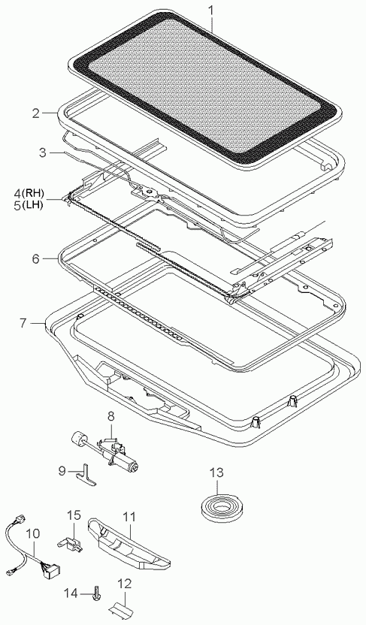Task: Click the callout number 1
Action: [x=211, y=9]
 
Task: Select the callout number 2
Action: [x=36, y=113]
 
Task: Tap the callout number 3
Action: [x=43, y=152]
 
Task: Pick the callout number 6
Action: [x=36, y=259]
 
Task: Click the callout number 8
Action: [x=110, y=417]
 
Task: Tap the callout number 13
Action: [x=217, y=473]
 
